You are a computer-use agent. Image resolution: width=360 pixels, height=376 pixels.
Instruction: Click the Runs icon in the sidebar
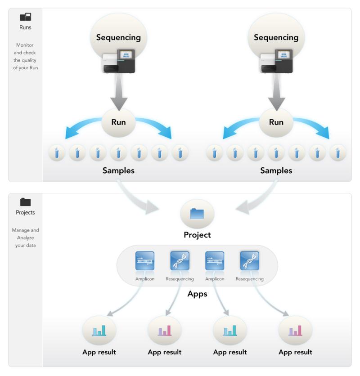(x=25, y=18)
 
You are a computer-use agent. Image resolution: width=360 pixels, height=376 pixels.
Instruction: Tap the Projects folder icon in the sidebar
(x=25, y=202)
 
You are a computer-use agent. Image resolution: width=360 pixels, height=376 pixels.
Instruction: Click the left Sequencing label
(x=118, y=38)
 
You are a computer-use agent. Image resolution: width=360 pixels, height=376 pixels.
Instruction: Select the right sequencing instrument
(x=275, y=61)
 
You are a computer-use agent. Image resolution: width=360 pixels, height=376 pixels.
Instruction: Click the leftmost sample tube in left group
(x=57, y=153)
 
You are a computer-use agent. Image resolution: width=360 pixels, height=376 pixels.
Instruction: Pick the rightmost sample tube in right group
(x=337, y=153)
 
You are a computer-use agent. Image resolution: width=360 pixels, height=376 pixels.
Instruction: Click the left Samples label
(x=118, y=171)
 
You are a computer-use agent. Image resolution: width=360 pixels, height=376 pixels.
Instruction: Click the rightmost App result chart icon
(x=295, y=331)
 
